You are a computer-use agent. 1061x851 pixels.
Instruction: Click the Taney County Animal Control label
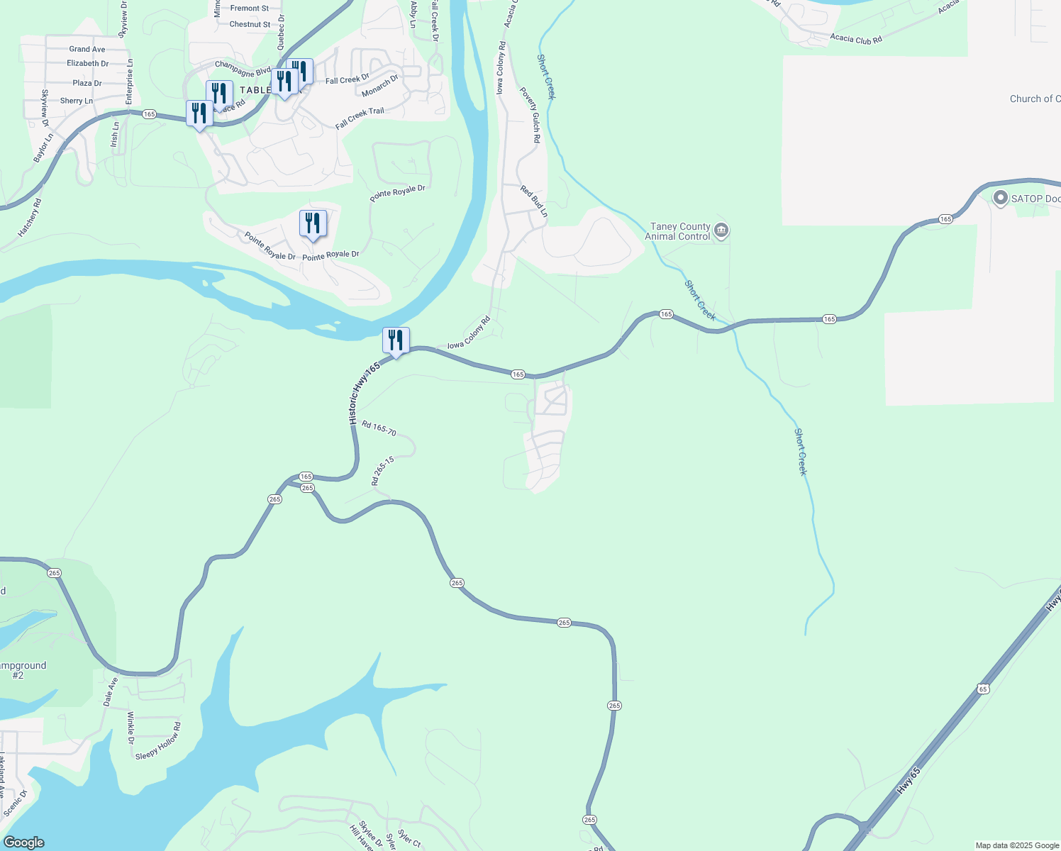point(677,232)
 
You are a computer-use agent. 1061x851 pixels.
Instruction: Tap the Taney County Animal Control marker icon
point(721,230)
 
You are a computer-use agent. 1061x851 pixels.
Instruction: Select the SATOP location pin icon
point(1001,198)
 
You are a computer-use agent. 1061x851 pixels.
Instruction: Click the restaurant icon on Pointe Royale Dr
point(313,224)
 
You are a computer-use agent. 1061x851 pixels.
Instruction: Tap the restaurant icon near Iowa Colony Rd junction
point(396,341)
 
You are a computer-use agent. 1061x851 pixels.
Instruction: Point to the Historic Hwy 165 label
point(365,394)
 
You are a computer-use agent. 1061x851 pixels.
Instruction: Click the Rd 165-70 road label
point(379,428)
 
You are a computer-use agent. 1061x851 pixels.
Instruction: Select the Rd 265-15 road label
point(382,471)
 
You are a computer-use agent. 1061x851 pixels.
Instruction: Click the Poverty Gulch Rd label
point(530,116)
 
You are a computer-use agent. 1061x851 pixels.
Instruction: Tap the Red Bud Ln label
point(534,201)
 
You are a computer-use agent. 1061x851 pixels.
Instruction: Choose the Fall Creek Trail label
point(360,118)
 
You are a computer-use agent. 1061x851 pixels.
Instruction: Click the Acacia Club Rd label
point(855,39)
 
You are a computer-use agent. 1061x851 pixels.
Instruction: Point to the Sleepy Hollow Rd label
point(158,742)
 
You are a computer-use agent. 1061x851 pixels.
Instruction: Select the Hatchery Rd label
point(30,217)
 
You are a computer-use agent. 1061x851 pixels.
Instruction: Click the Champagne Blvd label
point(243,69)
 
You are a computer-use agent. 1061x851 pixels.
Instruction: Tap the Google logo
point(24,842)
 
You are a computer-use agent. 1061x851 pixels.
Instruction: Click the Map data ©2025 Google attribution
point(1016,845)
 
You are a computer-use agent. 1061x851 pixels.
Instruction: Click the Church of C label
point(1035,99)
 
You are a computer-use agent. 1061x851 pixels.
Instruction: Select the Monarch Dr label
point(380,87)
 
